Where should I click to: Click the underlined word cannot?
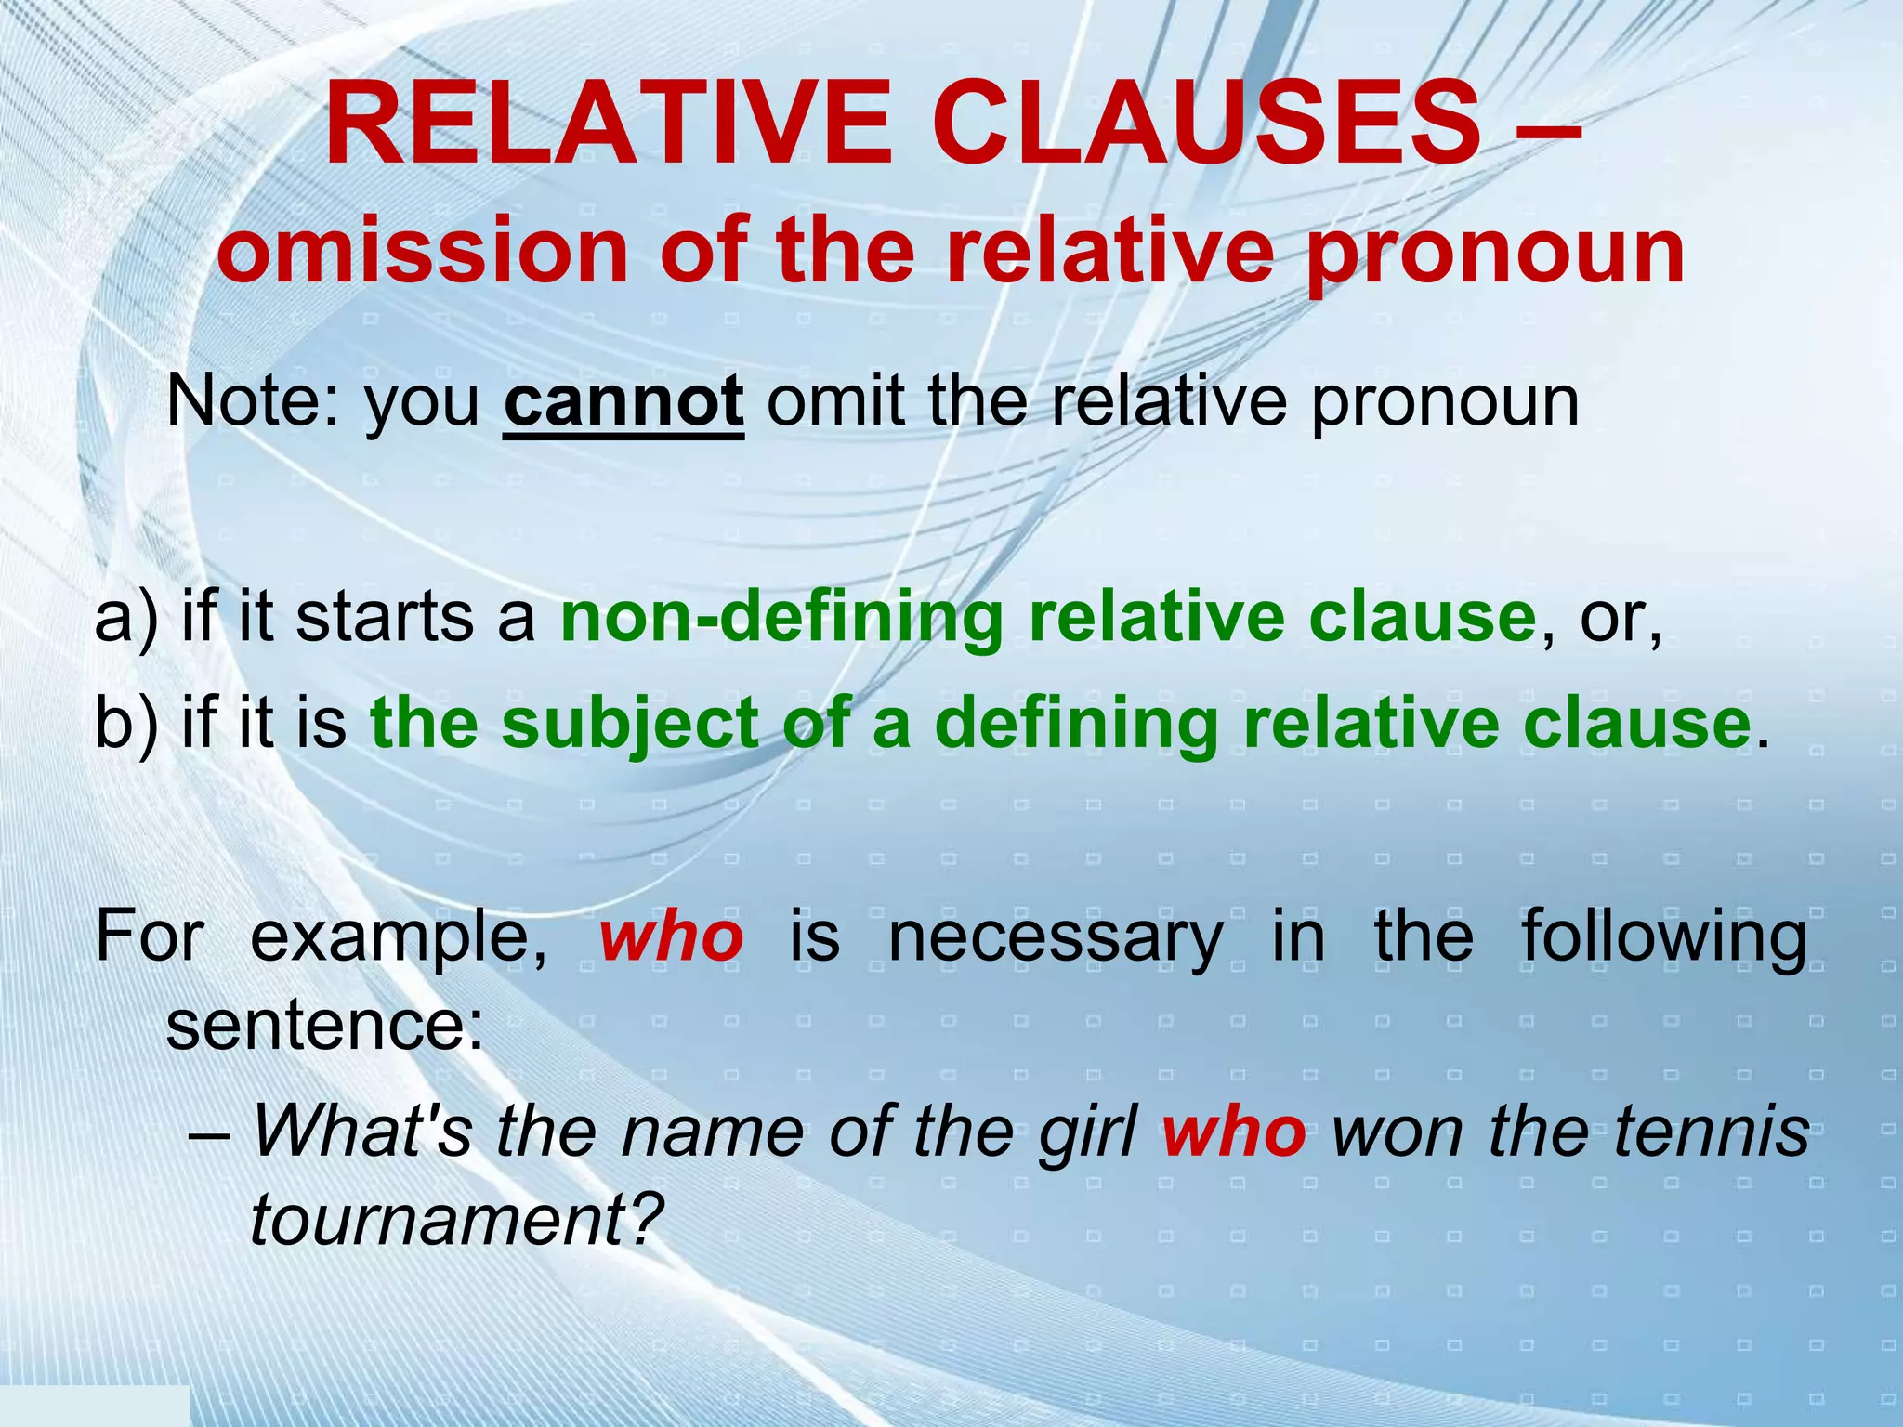[x=623, y=401]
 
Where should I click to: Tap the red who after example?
[x=671, y=937]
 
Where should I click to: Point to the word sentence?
[x=325, y=1027]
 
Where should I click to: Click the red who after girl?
[x=1233, y=1132]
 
